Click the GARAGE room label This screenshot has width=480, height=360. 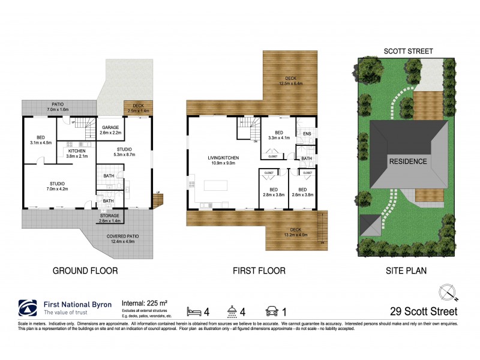click(x=110, y=127)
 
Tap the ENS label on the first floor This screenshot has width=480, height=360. click(x=307, y=134)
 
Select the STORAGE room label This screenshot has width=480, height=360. click(x=110, y=215)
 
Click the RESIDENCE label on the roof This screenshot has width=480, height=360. click(x=407, y=161)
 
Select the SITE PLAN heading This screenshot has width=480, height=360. click(x=406, y=271)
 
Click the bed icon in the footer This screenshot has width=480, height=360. click(x=194, y=311)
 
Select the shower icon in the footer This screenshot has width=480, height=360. click(x=231, y=311)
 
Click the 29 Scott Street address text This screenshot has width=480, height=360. click(x=422, y=311)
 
